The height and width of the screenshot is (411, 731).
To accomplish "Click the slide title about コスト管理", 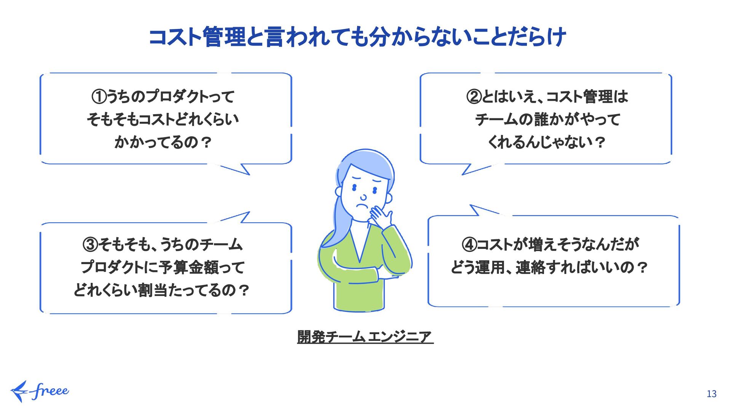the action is pos(357,37).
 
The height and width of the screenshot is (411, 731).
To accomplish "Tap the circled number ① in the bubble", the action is pos(98,96).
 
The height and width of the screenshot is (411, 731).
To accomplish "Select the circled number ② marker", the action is pos(474,96).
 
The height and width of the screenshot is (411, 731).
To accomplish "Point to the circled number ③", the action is pos(90,244).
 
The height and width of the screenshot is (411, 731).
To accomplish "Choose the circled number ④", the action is pos(469,244).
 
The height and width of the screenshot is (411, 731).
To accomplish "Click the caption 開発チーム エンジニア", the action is pos(365,337).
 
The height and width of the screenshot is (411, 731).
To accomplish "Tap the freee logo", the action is pos(40,391).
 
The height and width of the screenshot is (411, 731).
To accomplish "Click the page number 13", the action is pos(711,394).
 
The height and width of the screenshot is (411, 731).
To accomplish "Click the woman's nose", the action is pos(364,197).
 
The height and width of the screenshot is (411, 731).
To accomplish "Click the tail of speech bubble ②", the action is pos(478,169).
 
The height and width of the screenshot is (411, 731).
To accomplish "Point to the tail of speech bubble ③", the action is pos(236,217).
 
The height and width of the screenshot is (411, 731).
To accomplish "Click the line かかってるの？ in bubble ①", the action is pos(163,142).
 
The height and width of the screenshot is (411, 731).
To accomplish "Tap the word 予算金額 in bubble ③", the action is pos(189,267).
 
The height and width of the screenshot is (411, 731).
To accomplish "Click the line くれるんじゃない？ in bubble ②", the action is pos(546,142).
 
